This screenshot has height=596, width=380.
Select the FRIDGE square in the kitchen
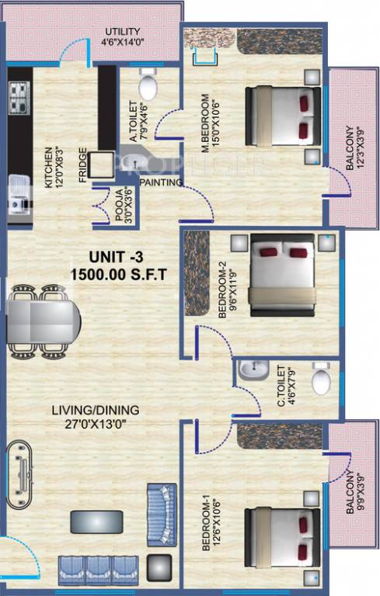[100, 165]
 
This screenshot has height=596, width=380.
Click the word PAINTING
[161, 183]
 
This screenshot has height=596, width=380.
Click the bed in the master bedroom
[283, 116]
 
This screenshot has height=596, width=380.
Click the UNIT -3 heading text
[95, 257]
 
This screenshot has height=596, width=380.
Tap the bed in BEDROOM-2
[282, 276]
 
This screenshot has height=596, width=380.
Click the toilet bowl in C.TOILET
[320, 380]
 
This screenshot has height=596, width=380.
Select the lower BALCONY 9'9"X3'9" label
[354, 494]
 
